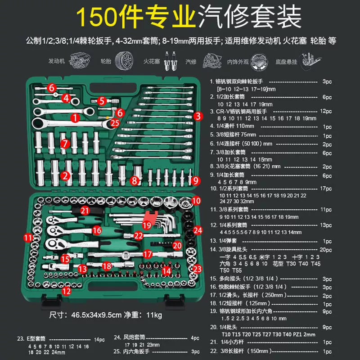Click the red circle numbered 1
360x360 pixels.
coord(75,118)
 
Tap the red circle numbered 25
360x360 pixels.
coord(115,123)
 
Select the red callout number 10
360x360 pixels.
coord(196,201)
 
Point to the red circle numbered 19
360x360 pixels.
coord(147,225)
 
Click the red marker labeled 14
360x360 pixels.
coord(166,271)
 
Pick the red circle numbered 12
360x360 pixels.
coord(67,291)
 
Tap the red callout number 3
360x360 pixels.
coord(198,116)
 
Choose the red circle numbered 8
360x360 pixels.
coord(135,181)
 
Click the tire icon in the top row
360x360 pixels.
coord(124,61)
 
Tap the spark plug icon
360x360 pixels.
coord(171,61)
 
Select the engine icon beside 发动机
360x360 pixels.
coord(80,61)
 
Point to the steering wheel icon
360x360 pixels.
coord(259,62)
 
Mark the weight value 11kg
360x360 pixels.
coord(154,315)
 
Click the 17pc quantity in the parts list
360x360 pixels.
coord(326,189)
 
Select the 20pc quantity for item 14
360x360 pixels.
coord(326,250)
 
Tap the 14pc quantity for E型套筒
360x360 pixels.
coord(99,340)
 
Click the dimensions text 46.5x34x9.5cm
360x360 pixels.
coord(96,315)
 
